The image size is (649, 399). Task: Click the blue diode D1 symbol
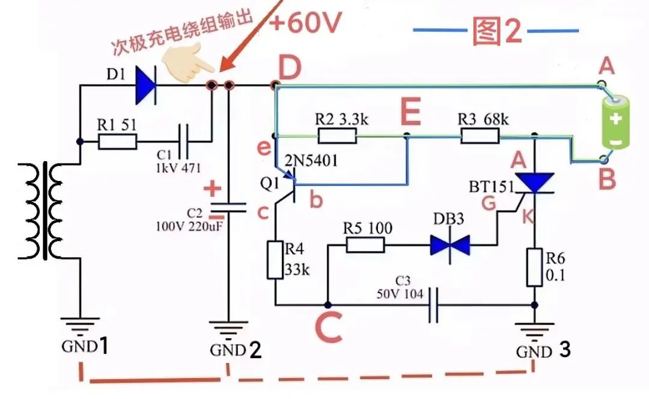[145, 85]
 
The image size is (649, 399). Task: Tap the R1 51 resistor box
[117, 142]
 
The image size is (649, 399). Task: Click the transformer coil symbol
[44, 211]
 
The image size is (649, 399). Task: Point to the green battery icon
[615, 122]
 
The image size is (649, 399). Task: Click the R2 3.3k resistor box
[337, 136]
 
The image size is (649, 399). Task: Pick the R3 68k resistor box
[480, 136]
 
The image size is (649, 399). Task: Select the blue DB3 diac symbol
[450, 245]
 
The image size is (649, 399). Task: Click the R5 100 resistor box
[365, 245]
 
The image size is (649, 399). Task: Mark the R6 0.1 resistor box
[534, 267]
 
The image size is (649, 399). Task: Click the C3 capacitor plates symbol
[433, 305]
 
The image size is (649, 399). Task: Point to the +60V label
[305, 22]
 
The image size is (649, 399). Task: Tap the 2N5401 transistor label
[311, 160]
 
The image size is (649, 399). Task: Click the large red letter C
[329, 326]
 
